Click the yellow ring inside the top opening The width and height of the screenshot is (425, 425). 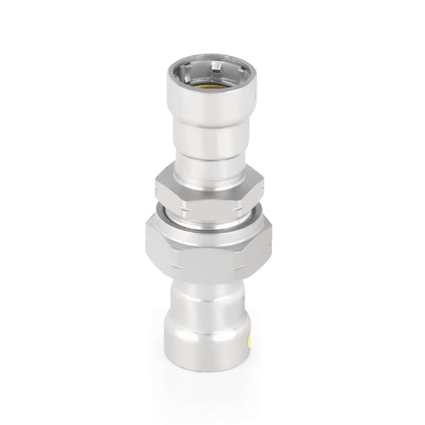tap(212, 85)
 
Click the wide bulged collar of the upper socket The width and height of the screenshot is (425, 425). tap(212, 106)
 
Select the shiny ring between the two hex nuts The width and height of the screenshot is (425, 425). tap(212, 212)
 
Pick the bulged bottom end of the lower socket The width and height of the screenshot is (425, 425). tap(212, 327)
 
